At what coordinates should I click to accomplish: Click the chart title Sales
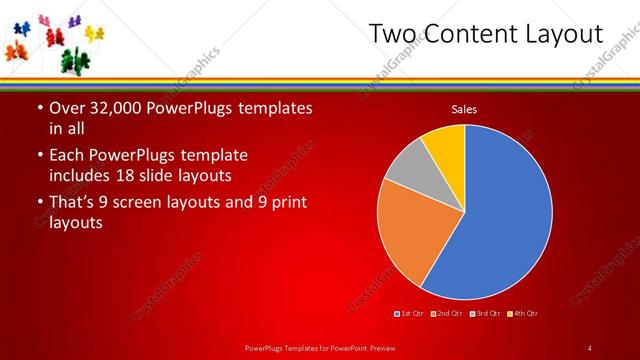click(464, 108)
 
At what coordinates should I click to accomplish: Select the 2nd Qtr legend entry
click(448, 314)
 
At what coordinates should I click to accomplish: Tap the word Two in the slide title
click(390, 34)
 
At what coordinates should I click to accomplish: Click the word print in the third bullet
click(286, 202)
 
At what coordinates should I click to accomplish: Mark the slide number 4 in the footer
click(590, 347)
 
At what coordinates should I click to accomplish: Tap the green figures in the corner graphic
click(70, 61)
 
